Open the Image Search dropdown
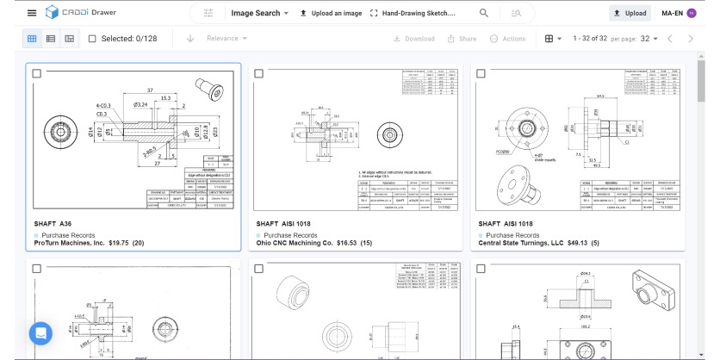click(x=259, y=14)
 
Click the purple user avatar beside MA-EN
click(x=691, y=14)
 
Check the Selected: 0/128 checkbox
click(x=92, y=39)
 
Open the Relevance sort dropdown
click(x=228, y=39)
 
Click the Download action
click(x=414, y=39)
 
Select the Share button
click(x=462, y=39)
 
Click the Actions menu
click(x=507, y=39)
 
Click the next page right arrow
click(x=691, y=39)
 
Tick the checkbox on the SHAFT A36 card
click(x=36, y=74)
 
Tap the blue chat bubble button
click(x=40, y=333)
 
